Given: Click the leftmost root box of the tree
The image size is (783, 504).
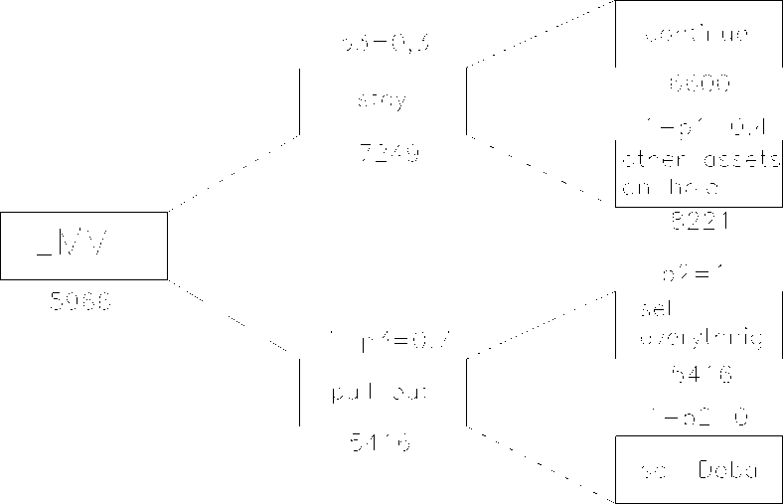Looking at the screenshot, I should (x=83, y=245).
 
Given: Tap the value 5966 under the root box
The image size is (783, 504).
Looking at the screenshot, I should (x=81, y=300).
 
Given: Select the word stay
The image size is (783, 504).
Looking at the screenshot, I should (x=383, y=101).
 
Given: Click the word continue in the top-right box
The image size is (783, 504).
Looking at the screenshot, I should (x=697, y=35).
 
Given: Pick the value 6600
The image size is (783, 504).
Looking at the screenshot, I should (x=699, y=84).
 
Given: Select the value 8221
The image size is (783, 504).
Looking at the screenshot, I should (x=700, y=222).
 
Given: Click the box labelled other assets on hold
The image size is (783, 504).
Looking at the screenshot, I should (x=699, y=172).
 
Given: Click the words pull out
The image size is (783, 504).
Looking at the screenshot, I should (x=379, y=392).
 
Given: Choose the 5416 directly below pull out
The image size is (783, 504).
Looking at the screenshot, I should (x=382, y=442).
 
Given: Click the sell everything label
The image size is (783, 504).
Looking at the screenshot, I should (x=697, y=324).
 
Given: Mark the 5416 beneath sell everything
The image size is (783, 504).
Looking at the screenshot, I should (x=700, y=375).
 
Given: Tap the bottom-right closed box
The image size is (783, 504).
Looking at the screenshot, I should (x=699, y=469).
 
